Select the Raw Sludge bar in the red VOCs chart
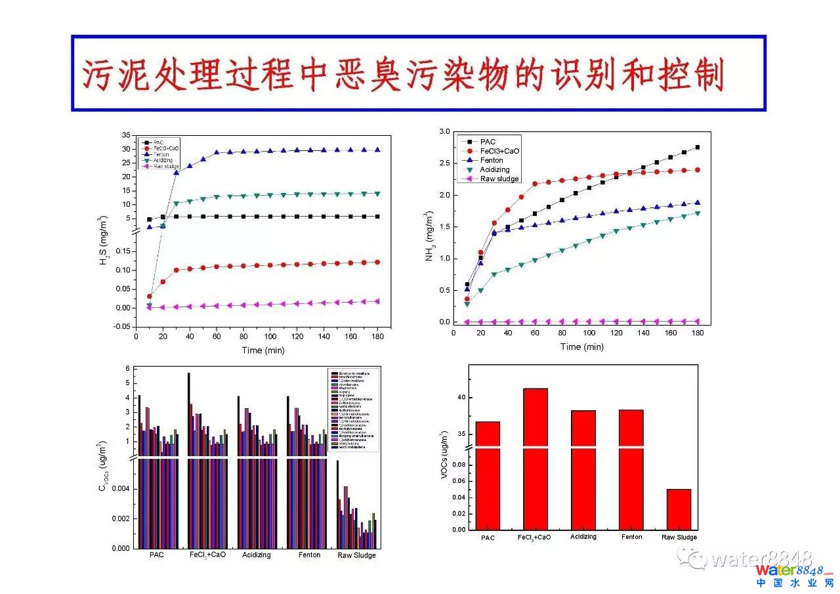coord(679,509)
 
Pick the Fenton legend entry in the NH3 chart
coord(492,160)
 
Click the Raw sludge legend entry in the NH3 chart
coord(499,179)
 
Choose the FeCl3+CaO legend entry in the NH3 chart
coord(499,151)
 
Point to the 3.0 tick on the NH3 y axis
coord(444,132)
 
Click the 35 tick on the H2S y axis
coord(127,135)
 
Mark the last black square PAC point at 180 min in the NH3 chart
coord(697,147)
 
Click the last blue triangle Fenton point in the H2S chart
coord(377,150)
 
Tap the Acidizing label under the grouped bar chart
coord(256,555)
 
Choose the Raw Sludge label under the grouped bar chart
coord(357,555)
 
